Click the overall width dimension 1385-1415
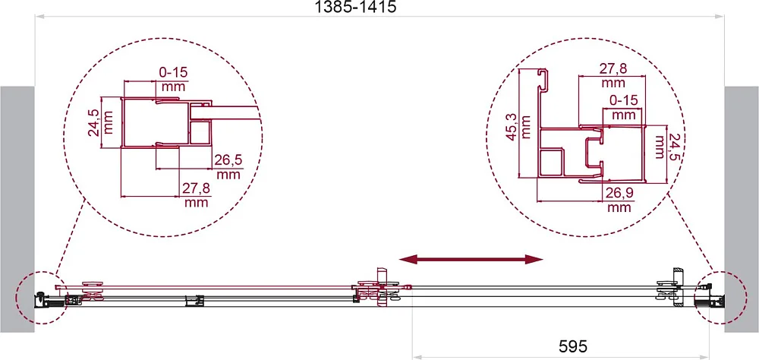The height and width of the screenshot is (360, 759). point(356,8)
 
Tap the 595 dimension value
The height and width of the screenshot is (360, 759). point(572,346)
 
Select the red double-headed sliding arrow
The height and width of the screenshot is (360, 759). point(471,260)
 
